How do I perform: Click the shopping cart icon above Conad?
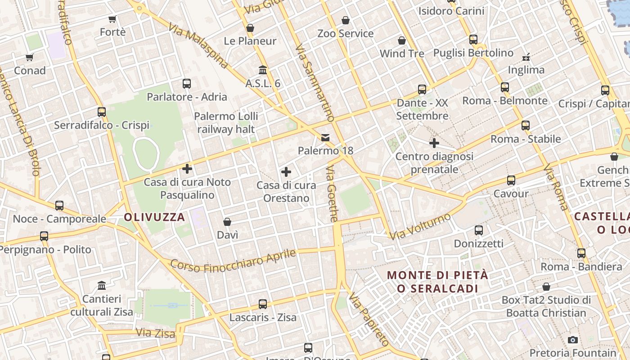coord(30,57)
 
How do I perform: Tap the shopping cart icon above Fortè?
coord(112,19)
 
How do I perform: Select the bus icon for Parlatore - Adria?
coord(187,83)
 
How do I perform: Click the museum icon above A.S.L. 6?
coord(263,70)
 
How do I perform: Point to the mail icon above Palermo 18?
coord(325,137)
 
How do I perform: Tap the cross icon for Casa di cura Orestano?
coord(286,171)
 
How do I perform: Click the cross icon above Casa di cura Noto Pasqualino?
coord(187,169)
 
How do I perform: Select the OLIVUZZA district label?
coord(154,217)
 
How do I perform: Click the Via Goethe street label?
coord(332,193)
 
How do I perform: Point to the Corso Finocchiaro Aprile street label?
coord(233,261)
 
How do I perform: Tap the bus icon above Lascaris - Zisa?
coord(263,304)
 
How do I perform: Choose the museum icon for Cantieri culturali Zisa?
coord(102,286)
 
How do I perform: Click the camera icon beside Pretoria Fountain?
coord(573,340)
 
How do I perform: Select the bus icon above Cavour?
coord(511,180)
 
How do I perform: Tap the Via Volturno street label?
coord(420,227)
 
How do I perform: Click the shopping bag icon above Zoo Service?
coord(346,20)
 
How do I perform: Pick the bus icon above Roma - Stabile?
coord(526,126)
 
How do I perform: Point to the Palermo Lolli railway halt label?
coord(226,123)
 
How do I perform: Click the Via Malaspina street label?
coord(198,46)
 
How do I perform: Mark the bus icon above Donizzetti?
coord(479,230)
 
